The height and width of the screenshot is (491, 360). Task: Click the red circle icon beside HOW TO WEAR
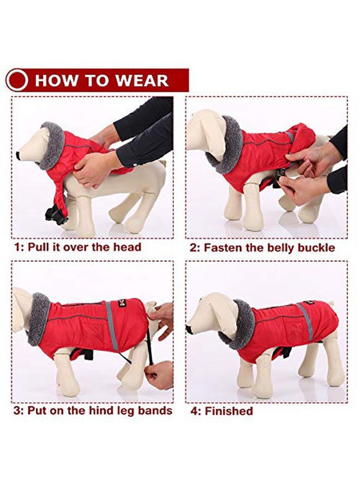pos(17,80)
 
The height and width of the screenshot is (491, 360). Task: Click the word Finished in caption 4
pos(229,411)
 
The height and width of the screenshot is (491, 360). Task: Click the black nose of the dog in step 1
pos(19,155)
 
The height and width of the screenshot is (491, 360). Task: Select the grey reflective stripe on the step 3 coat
pos(112,325)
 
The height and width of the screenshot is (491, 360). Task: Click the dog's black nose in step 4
pos(189,329)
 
